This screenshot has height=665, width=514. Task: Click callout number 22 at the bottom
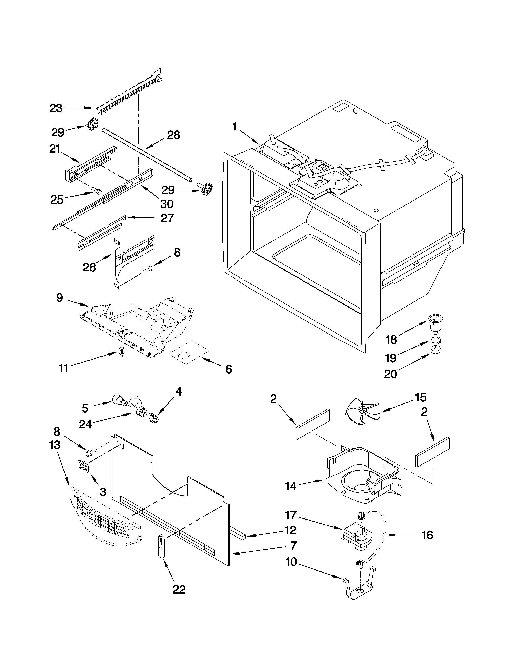tap(179, 590)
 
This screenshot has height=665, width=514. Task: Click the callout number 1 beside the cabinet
tap(234, 126)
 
